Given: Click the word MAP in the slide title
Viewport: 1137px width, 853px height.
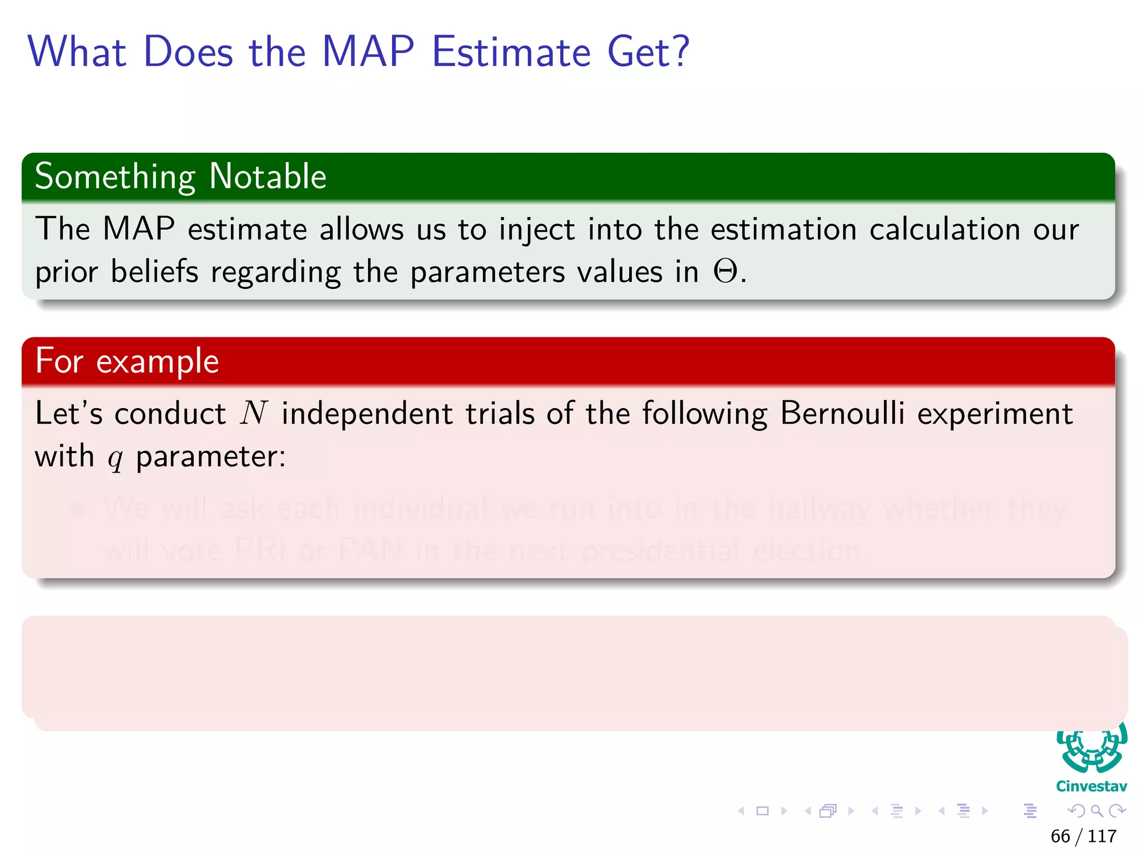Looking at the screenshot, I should (368, 52).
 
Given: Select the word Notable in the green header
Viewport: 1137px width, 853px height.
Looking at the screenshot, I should (268, 177).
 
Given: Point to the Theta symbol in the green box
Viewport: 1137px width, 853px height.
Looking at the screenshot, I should (726, 272).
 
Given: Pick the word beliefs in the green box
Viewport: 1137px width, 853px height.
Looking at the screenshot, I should (154, 272).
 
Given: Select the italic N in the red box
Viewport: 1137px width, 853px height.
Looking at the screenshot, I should (254, 414).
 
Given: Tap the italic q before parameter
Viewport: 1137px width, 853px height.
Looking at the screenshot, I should (115, 459).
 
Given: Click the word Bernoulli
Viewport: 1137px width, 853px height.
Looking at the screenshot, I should (842, 414).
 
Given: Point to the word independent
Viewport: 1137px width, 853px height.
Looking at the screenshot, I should (367, 415).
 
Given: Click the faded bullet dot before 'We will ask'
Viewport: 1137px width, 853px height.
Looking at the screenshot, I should (78, 509).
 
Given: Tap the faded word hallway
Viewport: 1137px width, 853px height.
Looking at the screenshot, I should (819, 509).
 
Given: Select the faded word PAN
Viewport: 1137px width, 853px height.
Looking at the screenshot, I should (370, 550).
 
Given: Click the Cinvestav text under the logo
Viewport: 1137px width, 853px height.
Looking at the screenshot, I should (1091, 786).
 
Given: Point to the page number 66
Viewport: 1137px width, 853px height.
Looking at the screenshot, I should (1060, 836).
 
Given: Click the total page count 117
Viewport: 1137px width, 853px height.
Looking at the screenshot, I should (1102, 836).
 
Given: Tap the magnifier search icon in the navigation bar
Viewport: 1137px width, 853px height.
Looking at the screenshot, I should (1096, 811).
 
